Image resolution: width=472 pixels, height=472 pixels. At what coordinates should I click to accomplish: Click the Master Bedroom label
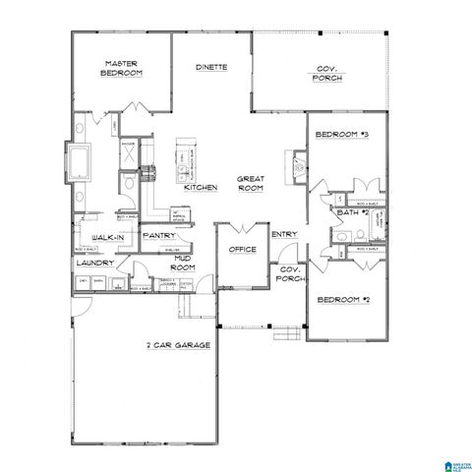125,69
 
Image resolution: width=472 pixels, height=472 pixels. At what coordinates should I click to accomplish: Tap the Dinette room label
211,67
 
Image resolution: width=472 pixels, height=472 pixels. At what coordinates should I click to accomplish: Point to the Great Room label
251,183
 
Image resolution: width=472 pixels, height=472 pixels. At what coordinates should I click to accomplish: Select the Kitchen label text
201,187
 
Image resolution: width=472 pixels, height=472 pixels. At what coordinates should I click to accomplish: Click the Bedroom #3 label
340,135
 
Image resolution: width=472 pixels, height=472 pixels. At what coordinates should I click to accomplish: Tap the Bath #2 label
351,212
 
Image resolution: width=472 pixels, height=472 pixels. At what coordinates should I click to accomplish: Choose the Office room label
243,250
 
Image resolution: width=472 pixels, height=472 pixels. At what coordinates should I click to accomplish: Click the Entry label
284,234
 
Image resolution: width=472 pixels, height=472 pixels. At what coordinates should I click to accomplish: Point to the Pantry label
158,236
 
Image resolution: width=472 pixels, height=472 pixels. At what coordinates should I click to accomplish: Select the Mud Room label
183,263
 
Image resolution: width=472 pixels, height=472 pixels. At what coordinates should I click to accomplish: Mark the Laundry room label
95,264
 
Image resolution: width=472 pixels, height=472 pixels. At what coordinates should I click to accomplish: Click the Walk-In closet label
107,239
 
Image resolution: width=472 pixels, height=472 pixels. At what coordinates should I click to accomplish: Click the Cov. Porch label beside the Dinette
328,73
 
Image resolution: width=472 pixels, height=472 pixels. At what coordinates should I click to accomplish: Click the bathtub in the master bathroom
78,161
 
